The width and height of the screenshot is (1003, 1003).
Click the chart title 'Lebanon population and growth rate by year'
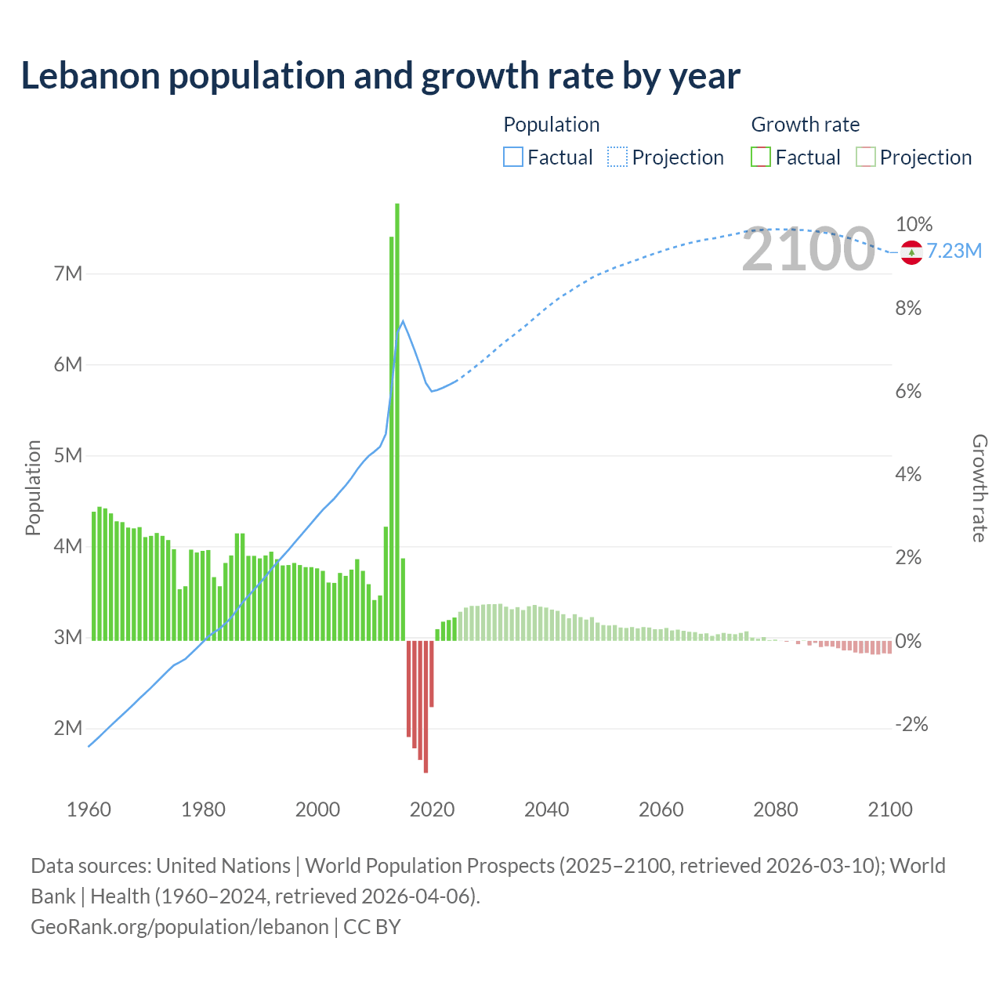tap(380, 76)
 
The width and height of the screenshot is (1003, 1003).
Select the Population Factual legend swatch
tap(512, 158)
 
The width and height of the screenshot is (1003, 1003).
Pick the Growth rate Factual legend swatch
tap(760, 158)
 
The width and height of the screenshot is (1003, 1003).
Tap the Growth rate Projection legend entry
tap(914, 158)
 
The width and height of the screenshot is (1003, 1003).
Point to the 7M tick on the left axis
tap(68, 273)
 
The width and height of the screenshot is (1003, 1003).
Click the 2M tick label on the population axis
tap(68, 728)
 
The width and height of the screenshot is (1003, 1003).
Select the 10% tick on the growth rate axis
tap(914, 225)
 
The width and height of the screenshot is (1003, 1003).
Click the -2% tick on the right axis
tap(911, 725)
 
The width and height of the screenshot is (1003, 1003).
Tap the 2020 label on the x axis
tap(432, 809)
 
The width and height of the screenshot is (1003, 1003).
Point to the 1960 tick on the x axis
tap(89, 809)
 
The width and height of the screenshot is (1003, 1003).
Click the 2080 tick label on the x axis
tap(775, 809)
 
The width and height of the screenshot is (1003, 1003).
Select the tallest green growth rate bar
tap(397, 423)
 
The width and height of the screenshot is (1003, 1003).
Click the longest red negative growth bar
tap(425, 705)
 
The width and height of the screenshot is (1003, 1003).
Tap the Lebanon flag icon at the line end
tap(911, 252)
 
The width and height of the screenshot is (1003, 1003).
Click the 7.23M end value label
tap(954, 252)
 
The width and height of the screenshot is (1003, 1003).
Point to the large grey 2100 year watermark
tap(808, 250)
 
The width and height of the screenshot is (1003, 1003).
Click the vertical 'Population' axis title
tap(33, 487)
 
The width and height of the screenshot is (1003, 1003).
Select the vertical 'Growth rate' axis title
tap(979, 487)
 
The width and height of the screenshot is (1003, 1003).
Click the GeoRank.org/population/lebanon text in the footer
tap(179, 927)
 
